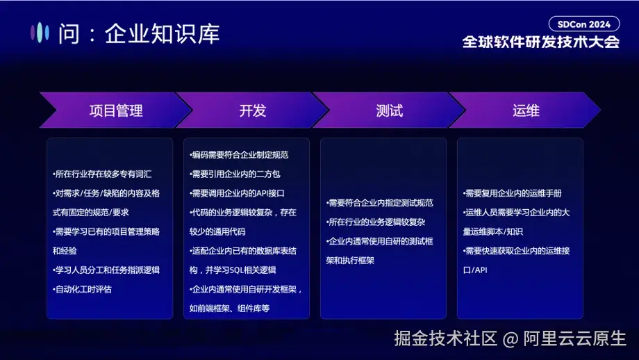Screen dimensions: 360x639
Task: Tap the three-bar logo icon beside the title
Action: pyautogui.click(x=41, y=32)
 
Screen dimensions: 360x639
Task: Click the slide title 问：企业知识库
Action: pyautogui.click(x=138, y=33)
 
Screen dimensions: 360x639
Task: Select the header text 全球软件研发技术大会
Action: pyautogui.click(x=541, y=42)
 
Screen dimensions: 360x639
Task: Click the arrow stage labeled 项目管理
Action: pyautogui.click(x=115, y=111)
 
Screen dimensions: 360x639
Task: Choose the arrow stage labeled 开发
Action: pyautogui.click(x=252, y=111)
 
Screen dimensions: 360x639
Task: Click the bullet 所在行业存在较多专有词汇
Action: pyautogui.click(x=102, y=174)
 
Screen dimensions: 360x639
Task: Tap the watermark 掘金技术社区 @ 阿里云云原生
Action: pyautogui.click(x=510, y=338)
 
